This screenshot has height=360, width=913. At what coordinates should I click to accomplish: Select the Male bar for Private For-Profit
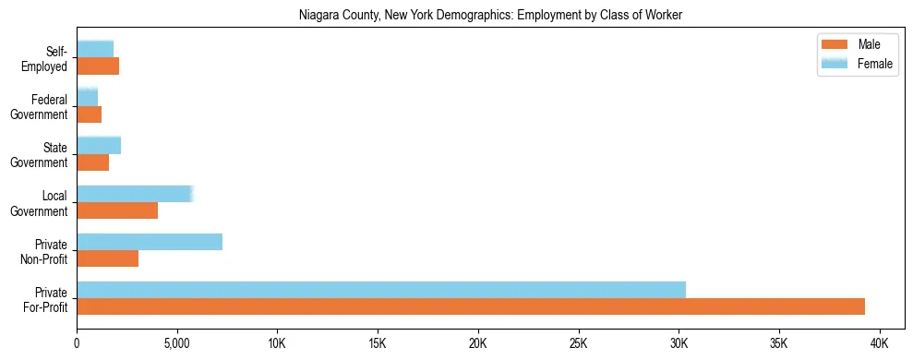(471, 306)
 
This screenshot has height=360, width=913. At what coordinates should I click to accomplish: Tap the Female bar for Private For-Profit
(381, 290)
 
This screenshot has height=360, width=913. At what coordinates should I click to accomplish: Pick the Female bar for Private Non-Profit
(150, 242)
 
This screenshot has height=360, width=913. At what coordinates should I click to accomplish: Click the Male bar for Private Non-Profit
(108, 258)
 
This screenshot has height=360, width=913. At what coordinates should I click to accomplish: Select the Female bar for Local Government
(135, 194)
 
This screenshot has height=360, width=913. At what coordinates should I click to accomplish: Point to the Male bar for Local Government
(117, 210)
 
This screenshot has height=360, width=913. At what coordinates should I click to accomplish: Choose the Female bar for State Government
(99, 145)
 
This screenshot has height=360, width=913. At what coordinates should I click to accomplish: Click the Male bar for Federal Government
(90, 114)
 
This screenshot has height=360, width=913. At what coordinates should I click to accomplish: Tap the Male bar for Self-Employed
(98, 66)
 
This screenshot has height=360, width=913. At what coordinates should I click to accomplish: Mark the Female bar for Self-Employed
(95, 49)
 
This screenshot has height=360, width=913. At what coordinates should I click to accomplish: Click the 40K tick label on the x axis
(880, 342)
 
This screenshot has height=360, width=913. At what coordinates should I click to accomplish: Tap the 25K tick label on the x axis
(579, 342)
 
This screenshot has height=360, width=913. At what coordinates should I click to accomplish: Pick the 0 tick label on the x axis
(77, 342)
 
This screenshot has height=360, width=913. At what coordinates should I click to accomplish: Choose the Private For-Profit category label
(45, 299)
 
